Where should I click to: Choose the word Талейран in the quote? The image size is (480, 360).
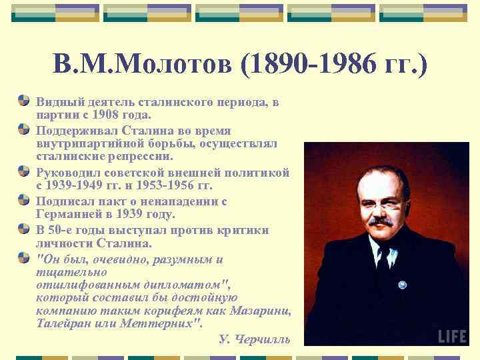pyautogui.click(x=63, y=323)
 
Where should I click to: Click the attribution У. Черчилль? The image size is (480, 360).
pyautogui.click(x=255, y=339)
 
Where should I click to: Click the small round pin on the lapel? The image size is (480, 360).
pyautogui.click(x=402, y=285)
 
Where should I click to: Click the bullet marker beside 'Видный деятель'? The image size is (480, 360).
pyautogui.click(x=24, y=101)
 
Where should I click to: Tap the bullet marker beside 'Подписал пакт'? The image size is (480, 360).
pyautogui.click(x=24, y=201)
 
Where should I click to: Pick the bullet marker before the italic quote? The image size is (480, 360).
pyautogui.click(x=24, y=257)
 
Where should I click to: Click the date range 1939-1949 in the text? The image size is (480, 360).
pyautogui.click(x=77, y=186)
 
